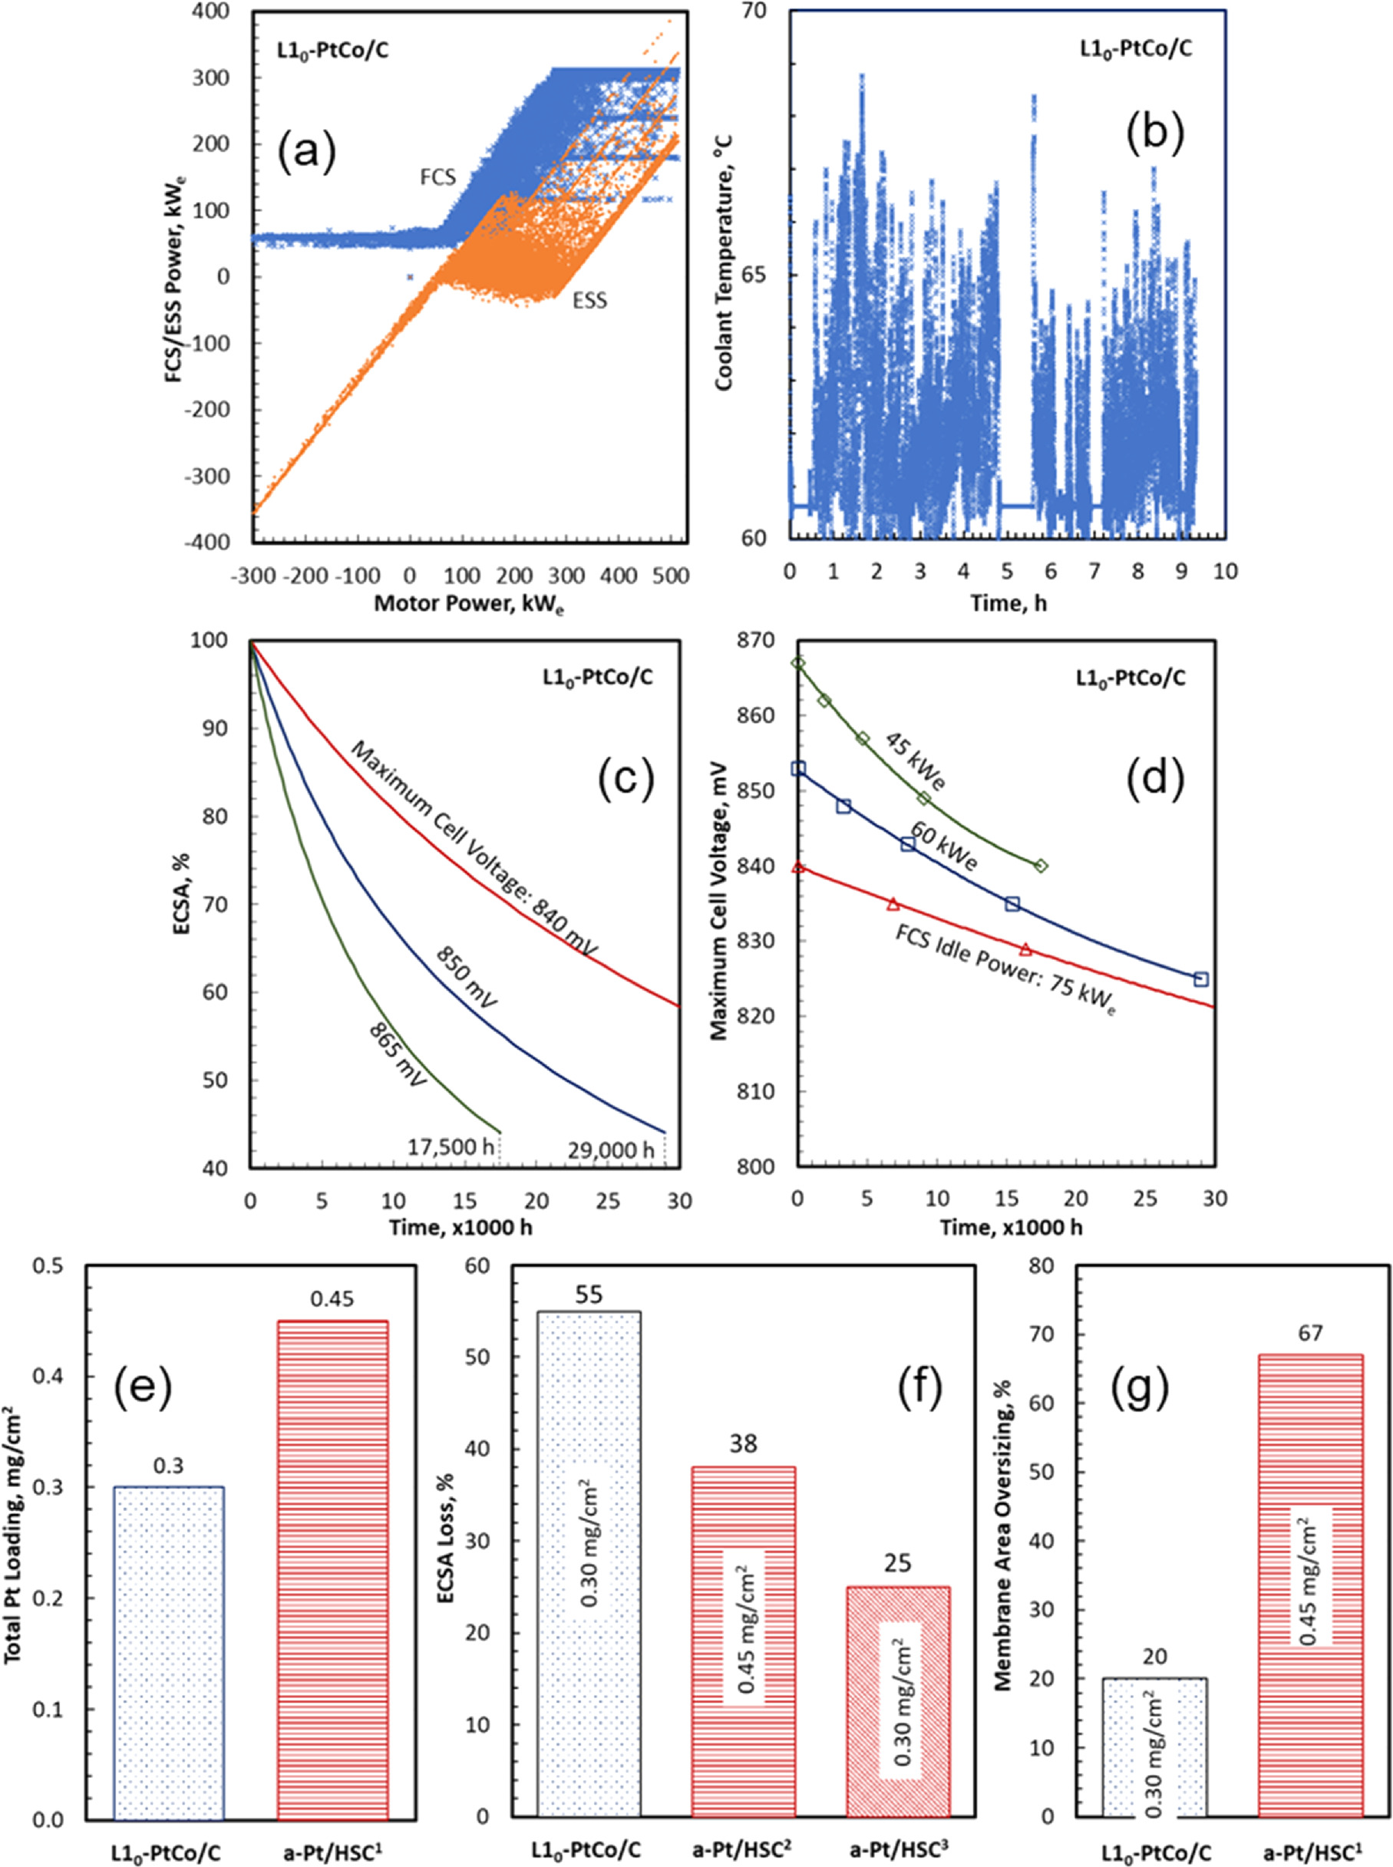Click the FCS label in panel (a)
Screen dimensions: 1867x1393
click(437, 177)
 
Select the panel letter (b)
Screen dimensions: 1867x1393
click(1155, 130)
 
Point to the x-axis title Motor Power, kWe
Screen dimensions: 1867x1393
click(469, 603)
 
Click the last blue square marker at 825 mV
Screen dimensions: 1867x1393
click(1202, 978)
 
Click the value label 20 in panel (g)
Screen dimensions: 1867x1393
click(1154, 1634)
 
